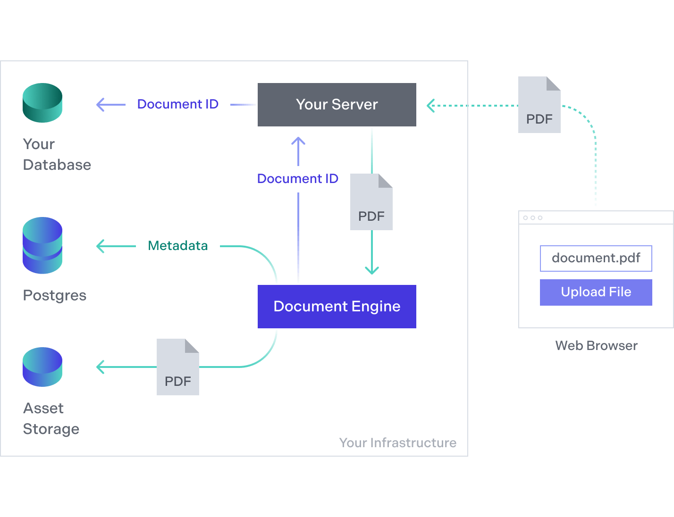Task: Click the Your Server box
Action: tap(337, 105)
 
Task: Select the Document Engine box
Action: tap(337, 307)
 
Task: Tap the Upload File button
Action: tap(596, 292)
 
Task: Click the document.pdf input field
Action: tap(596, 258)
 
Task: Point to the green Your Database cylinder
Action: tap(42, 103)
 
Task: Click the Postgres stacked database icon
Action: tap(42, 245)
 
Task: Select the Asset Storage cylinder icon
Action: tap(42, 367)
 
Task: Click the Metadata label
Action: tap(178, 246)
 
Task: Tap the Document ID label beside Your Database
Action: tap(178, 104)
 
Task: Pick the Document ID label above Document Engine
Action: tap(298, 179)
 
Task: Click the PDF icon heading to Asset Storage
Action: tap(178, 367)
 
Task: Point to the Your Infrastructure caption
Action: tap(397, 443)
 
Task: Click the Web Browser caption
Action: tap(596, 346)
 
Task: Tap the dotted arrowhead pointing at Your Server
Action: tap(430, 105)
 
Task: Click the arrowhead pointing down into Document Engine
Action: tap(372, 271)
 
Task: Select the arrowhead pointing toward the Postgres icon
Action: tap(100, 246)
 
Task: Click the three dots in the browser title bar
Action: tap(533, 218)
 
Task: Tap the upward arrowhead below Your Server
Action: tap(298, 140)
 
